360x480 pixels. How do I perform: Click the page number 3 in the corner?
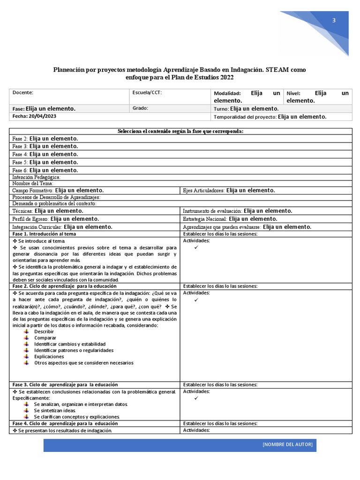coord(334,20)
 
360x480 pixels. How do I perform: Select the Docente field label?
coord(23,93)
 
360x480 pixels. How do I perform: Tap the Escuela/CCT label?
coord(147,93)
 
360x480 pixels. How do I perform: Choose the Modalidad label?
coord(227,94)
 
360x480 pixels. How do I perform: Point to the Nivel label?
coord(293,94)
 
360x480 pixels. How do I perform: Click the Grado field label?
coord(141,108)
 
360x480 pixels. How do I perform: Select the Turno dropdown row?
coord(246,109)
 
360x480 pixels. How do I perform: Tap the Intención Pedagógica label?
coord(37,177)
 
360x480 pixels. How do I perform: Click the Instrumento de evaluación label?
coord(212,211)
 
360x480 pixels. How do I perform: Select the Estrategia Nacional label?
coord(204,219)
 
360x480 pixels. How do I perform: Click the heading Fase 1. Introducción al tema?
coord(44,234)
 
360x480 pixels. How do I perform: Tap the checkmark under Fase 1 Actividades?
coord(196,247)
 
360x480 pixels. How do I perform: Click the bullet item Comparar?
coord(45,337)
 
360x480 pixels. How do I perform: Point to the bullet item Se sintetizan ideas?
coord(55,410)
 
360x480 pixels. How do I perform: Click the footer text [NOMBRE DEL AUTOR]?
coord(287,444)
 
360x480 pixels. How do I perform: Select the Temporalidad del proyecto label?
coord(245,117)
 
